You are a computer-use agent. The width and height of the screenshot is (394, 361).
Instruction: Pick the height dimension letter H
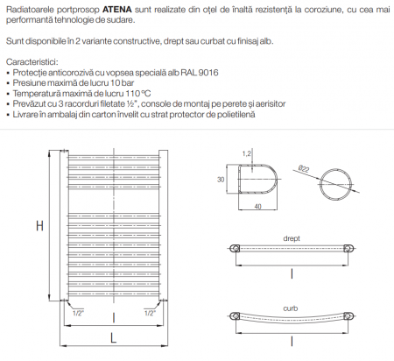39,225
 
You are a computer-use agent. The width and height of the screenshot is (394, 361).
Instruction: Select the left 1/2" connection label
78,312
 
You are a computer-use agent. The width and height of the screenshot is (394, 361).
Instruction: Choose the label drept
292,237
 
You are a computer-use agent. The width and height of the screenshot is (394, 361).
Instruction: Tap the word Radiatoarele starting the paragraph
32,7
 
